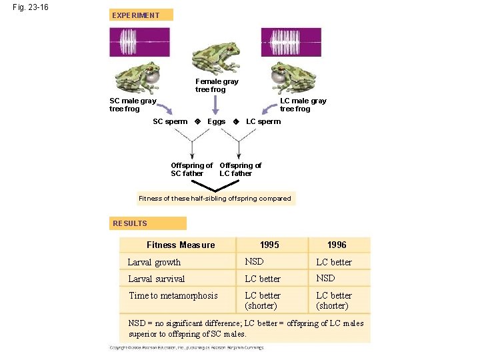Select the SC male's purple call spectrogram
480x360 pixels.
(140, 42)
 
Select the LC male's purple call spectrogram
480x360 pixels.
(291, 42)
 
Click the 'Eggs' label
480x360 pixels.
(216, 121)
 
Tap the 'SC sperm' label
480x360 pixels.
(170, 121)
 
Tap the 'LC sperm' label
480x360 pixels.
(263, 121)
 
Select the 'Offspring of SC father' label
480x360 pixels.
(191, 169)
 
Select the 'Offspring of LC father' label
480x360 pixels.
(240, 169)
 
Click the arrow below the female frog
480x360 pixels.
(215, 105)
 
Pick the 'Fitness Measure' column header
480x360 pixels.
(181, 245)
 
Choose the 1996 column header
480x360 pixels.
(337, 245)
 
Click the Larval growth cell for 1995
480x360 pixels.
(254, 261)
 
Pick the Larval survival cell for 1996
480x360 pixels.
(325, 278)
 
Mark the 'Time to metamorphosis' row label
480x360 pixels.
(173, 295)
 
